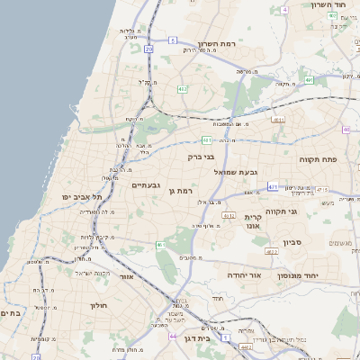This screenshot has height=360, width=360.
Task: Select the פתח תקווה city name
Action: [x=318, y=158]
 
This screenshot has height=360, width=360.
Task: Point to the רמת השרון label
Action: [x=216, y=44]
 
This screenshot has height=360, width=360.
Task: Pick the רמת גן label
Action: [x=183, y=191]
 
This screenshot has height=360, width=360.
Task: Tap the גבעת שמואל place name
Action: [x=237, y=171]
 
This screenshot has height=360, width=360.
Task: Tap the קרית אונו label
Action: [x=253, y=221]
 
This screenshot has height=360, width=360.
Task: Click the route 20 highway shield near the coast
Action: [x=148, y=49]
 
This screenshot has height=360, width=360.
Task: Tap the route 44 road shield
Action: [x=173, y=336]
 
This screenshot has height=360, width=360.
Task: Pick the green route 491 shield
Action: [x=309, y=80]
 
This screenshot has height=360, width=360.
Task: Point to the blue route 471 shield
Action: [x=272, y=189]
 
